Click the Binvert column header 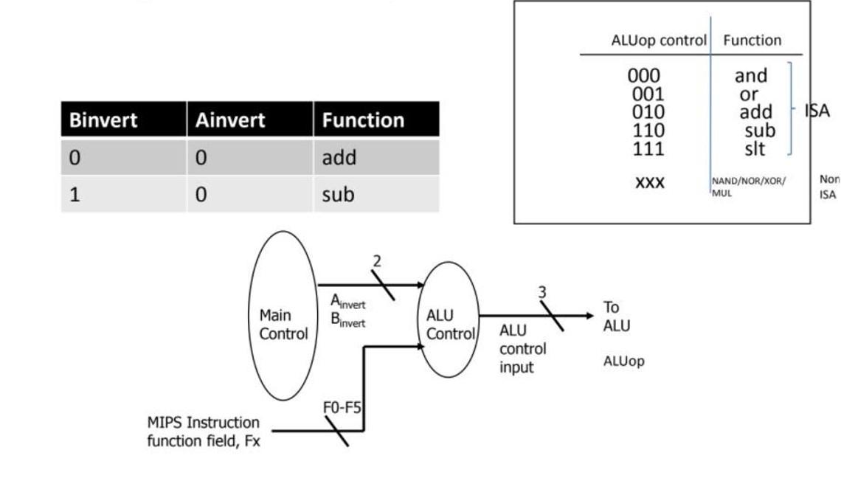coord(103,120)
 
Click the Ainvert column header coord(229,120)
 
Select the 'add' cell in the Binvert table coord(339,157)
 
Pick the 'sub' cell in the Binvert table coord(339,195)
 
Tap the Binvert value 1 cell coord(74,195)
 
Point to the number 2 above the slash coord(377,262)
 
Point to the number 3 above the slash coord(543,291)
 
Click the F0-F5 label coord(342,407)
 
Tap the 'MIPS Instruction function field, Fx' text coord(204,432)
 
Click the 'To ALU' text coord(616,316)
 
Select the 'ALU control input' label coord(522,348)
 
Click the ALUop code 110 coord(648,131)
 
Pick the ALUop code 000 coord(644,75)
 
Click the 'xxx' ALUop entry coord(649,181)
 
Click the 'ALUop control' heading coord(658,41)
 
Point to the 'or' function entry coord(749,94)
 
